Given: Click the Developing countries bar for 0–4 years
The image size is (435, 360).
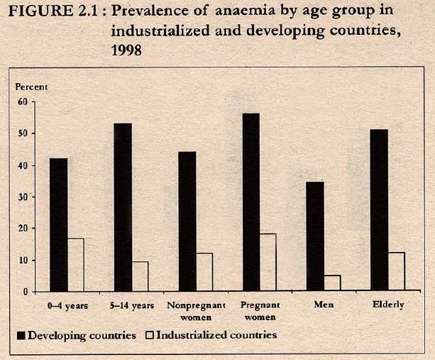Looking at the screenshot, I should tap(58, 224).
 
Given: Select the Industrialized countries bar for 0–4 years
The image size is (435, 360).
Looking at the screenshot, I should tap(75, 265).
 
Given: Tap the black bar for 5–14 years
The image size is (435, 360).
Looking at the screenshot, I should tap(123, 207).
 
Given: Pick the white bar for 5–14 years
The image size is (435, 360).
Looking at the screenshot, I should tap(140, 276).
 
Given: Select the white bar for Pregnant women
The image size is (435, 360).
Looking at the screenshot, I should tap(268, 263).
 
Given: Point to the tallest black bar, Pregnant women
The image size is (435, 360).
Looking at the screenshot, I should tap(250, 202).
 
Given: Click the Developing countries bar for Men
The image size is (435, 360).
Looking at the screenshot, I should tap(314, 236).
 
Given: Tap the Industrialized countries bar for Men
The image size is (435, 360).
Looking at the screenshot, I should tap(331, 283).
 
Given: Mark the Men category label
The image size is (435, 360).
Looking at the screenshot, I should tap(323, 305).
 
